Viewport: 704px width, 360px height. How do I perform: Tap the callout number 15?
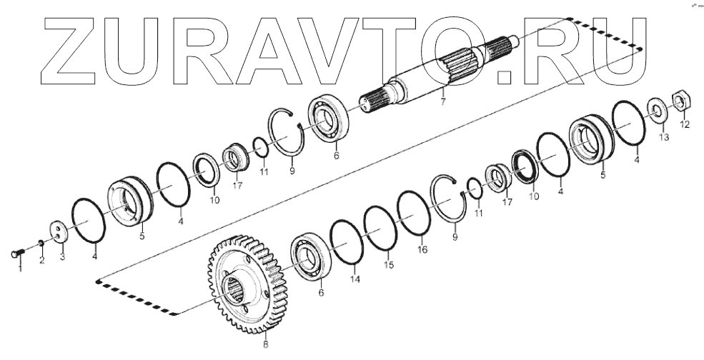tap(389, 265)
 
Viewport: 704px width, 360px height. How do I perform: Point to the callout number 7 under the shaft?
tap(443, 103)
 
